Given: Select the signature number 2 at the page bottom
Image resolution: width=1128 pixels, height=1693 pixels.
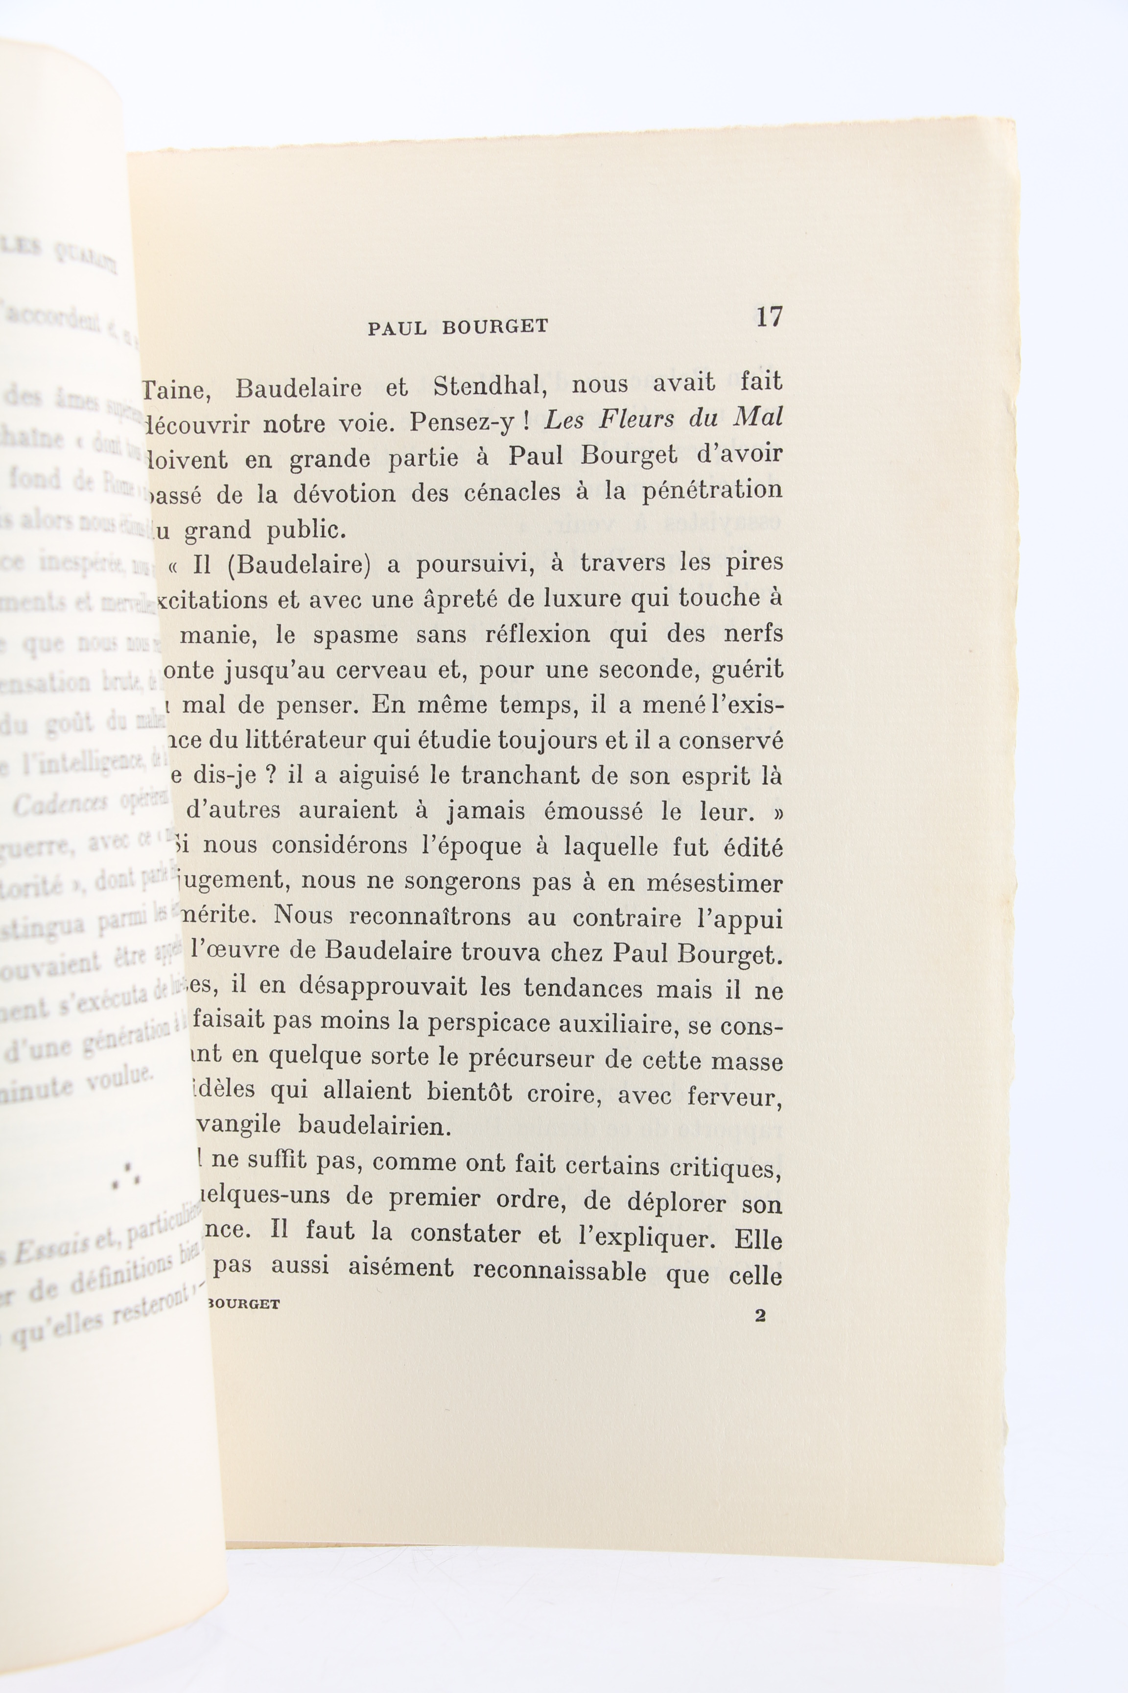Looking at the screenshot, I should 760,1316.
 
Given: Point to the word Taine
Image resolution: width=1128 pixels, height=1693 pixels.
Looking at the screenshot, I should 175,389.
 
